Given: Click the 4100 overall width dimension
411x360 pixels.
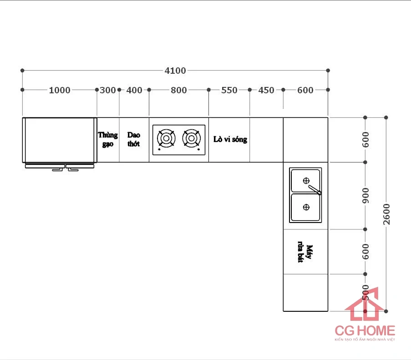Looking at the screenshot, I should [x=175, y=71].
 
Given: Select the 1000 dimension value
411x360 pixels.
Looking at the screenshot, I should [x=60, y=90].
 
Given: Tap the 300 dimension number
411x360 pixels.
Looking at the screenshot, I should [x=108, y=90].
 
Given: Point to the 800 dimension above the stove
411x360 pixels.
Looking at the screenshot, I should [x=179, y=90].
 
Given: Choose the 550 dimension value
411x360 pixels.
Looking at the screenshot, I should [x=229, y=90].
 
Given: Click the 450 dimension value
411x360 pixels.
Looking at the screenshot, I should [x=266, y=90].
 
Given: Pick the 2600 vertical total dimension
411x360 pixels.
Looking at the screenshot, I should [x=386, y=213].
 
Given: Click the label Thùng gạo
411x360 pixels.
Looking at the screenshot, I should [x=108, y=139].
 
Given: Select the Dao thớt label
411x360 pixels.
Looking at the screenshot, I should [x=134, y=139].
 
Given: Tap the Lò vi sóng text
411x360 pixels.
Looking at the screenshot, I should [x=230, y=139].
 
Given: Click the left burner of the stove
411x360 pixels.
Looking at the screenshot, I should [x=166, y=138].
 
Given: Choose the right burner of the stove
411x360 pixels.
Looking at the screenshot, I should [x=191, y=138].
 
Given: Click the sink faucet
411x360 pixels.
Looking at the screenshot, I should [x=315, y=189].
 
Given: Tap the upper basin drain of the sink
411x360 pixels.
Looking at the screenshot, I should [x=306, y=179].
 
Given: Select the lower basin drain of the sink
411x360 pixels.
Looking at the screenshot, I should [x=306, y=207].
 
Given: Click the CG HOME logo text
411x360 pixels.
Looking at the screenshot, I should [x=365, y=330].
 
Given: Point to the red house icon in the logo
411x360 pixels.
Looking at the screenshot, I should [x=364, y=304].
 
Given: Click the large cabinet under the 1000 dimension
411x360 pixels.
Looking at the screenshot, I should [x=60, y=139].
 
